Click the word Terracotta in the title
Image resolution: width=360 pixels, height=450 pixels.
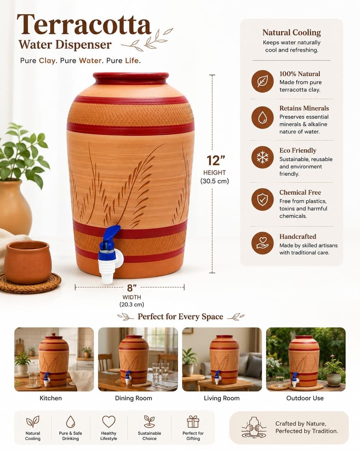[84, 24]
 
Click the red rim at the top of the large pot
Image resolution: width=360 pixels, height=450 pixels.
[131, 78]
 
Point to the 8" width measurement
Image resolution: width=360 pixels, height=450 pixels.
[132, 288]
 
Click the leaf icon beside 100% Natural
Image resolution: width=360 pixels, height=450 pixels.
[262, 81]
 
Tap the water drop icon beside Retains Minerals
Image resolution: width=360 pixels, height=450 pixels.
[262, 117]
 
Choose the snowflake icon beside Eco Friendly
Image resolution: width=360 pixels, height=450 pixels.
[262, 157]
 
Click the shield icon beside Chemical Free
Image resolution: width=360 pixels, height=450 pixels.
[262, 199]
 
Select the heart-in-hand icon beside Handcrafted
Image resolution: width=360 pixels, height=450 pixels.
[262, 243]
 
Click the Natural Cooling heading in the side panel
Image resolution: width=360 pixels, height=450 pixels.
[292, 32]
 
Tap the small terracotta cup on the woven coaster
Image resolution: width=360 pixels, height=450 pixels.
[28, 262]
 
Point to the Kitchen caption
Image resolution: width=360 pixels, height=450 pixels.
[51, 398]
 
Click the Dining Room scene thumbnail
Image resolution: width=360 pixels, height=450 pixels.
[138, 359]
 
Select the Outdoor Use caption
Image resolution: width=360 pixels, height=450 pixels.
[305, 398]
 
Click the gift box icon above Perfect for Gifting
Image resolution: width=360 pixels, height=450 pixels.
[193, 421]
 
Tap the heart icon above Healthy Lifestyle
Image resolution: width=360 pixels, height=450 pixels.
[109, 421]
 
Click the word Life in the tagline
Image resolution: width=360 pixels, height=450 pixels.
[132, 61]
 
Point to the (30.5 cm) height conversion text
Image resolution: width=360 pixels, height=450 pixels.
[215, 181]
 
